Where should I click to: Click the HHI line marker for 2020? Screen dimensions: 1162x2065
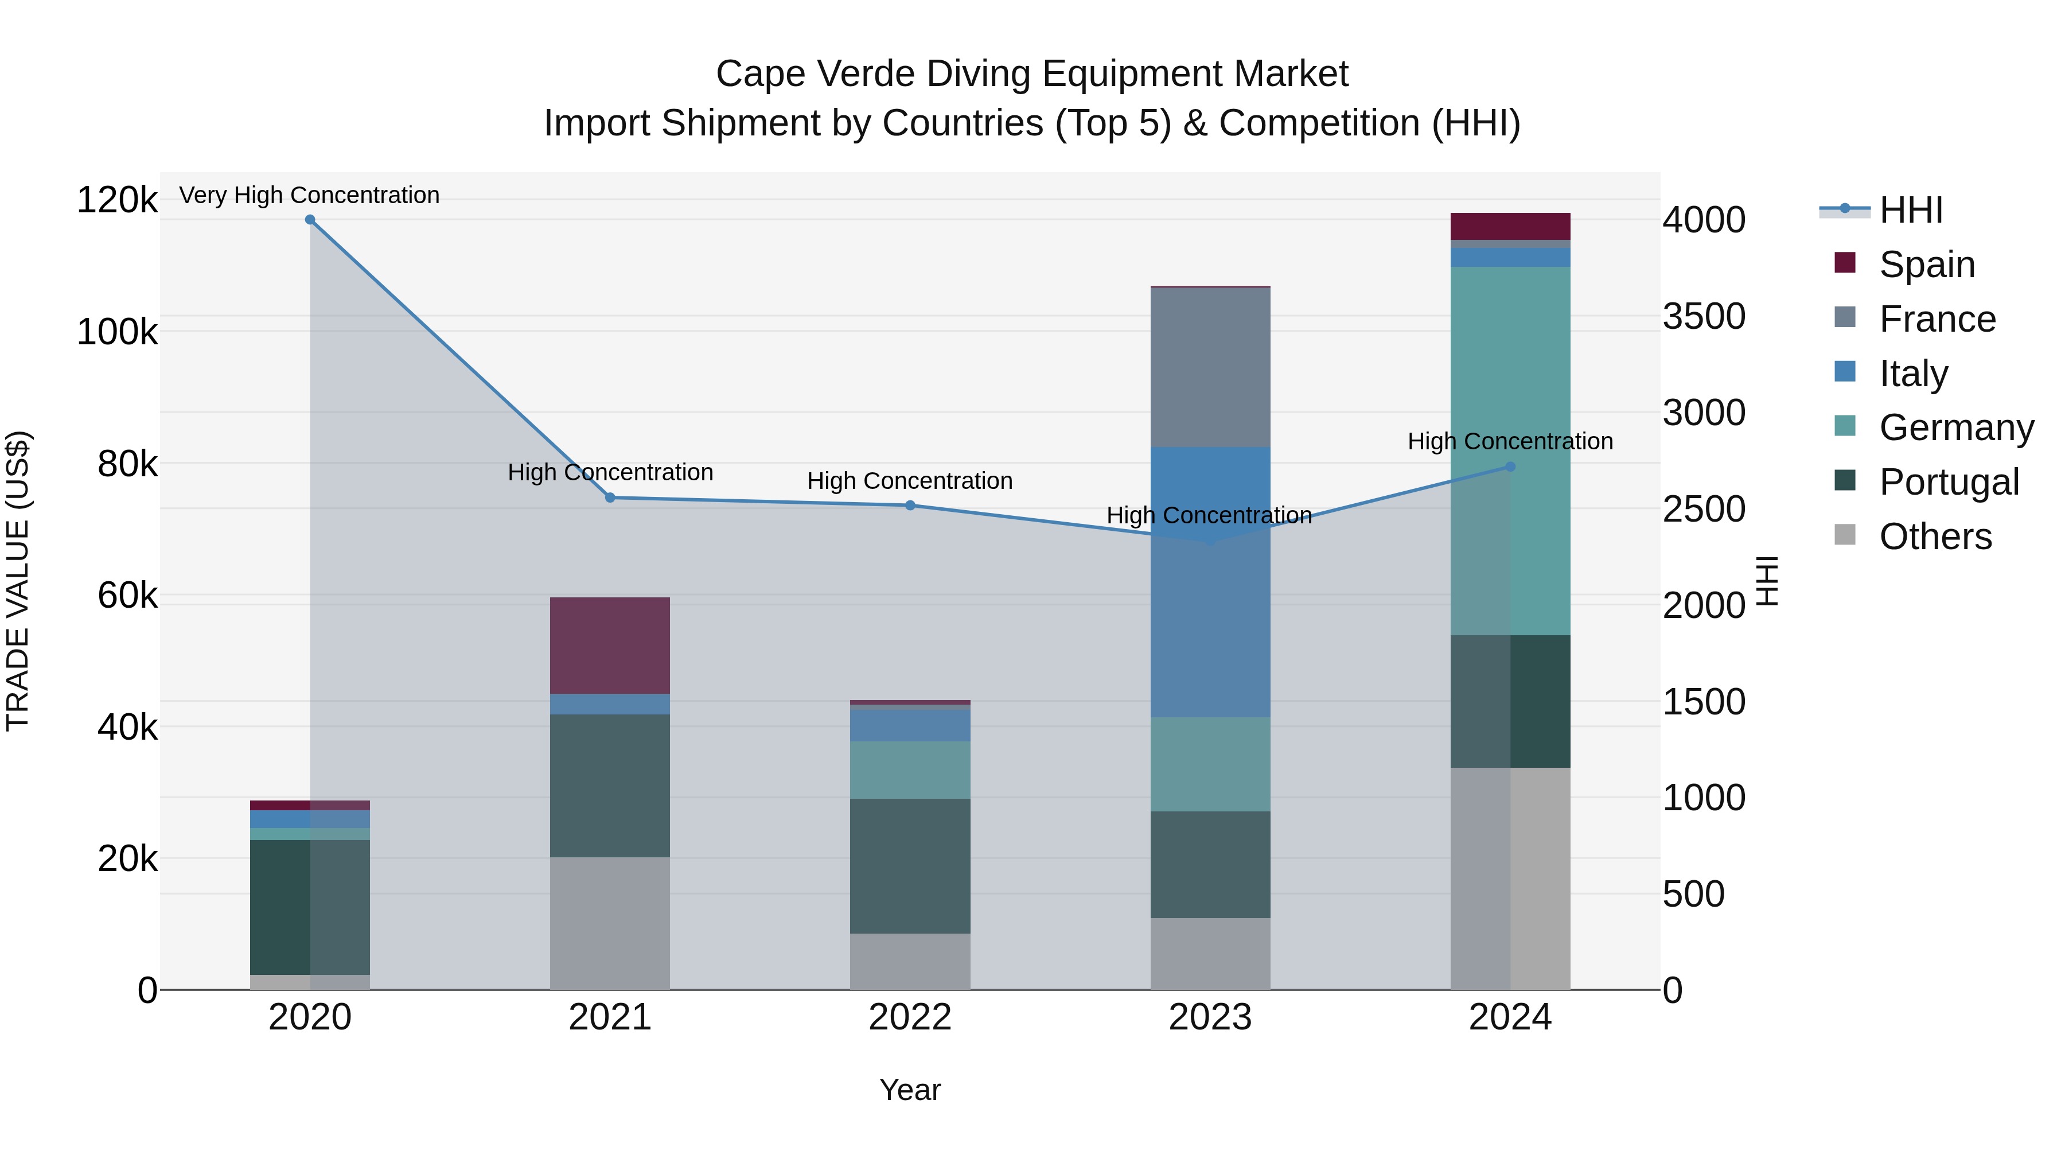pos(310,220)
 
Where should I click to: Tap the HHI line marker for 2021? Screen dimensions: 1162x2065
pos(610,498)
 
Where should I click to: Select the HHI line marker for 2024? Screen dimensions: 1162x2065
pos(1510,467)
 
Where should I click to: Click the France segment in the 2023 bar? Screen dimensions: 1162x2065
pos(1210,367)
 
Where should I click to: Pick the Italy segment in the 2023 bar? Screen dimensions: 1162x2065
pos(1210,581)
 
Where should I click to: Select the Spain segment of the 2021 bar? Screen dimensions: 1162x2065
pos(610,646)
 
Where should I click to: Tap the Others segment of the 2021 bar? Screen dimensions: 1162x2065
pos(610,923)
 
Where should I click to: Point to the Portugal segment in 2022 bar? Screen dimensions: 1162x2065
pos(910,866)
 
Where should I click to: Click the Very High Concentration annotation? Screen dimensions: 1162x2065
pos(309,195)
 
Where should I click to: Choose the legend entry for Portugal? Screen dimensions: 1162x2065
pos(1949,482)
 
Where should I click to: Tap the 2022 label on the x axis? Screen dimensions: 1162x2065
pos(910,1017)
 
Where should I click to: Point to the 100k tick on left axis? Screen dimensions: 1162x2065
pos(117,331)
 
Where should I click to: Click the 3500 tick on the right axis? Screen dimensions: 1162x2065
pos(1704,316)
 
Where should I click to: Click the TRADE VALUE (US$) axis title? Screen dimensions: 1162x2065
pos(18,581)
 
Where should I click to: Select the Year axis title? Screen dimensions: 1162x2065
pos(910,1090)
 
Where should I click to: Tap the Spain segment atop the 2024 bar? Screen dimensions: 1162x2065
pos(1510,226)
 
